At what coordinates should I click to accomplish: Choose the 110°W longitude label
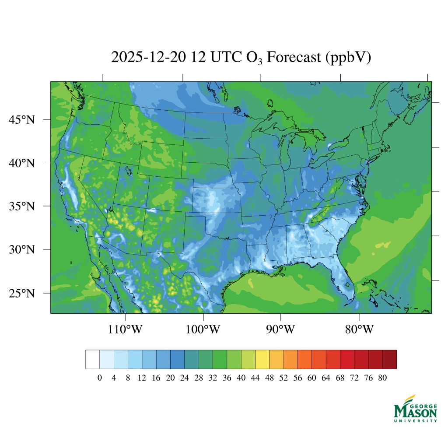(x=126, y=329)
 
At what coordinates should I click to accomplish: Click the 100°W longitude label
(x=203, y=329)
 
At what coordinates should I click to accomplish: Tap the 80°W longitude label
(x=359, y=329)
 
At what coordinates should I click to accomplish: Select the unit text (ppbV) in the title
(x=348, y=57)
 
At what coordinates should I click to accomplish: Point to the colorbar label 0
(x=100, y=378)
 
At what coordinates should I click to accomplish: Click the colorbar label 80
(x=382, y=378)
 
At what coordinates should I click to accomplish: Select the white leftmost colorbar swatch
(x=93, y=359)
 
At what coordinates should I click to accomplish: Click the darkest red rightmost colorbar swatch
(x=389, y=359)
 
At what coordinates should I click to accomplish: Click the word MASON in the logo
(x=415, y=411)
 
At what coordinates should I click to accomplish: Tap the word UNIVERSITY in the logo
(x=415, y=421)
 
